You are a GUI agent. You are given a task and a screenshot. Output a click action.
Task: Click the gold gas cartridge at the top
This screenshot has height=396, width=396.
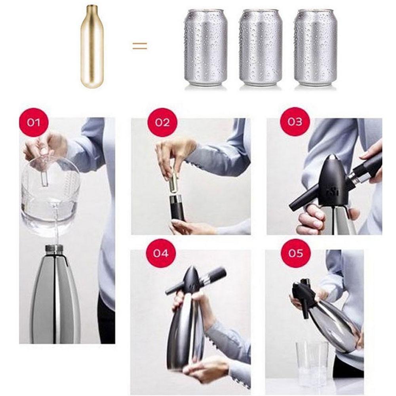[x=92, y=47]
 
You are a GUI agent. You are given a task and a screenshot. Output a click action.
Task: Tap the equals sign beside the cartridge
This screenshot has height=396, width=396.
[x=140, y=46]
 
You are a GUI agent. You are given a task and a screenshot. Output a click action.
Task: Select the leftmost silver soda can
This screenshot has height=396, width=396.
[x=206, y=48]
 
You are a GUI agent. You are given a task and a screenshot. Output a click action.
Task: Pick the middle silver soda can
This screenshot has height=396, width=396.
[x=261, y=48]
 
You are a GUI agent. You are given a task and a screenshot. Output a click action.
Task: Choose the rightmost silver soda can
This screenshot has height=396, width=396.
[x=316, y=48]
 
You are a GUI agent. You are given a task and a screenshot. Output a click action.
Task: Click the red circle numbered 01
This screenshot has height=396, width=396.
[x=34, y=122]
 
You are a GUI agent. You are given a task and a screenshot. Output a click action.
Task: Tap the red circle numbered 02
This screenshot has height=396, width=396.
[x=162, y=122]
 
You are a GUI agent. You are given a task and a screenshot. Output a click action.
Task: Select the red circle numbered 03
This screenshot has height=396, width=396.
[x=295, y=122]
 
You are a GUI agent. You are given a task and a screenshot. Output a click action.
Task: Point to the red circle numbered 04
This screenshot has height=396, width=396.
[x=161, y=253]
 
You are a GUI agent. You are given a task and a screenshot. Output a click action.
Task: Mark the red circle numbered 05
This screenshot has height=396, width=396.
[x=295, y=253]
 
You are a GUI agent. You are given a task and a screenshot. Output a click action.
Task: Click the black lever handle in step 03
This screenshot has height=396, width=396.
[x=304, y=200]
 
